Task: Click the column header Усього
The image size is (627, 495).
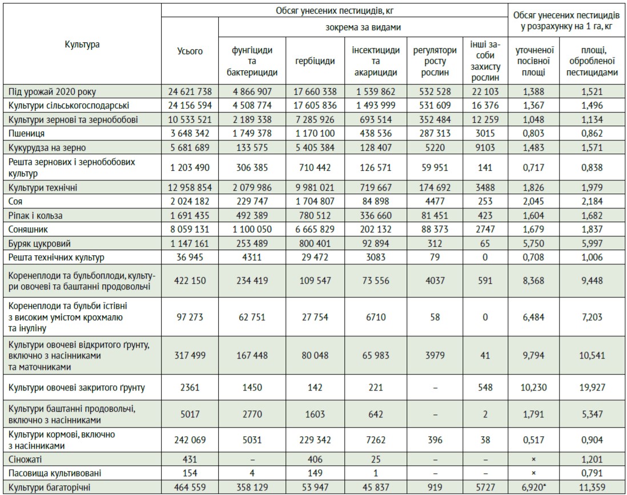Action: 190,51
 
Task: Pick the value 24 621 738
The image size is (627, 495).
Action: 190,91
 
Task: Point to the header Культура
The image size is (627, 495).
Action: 82,45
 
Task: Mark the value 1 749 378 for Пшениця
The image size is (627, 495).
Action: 252,133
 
